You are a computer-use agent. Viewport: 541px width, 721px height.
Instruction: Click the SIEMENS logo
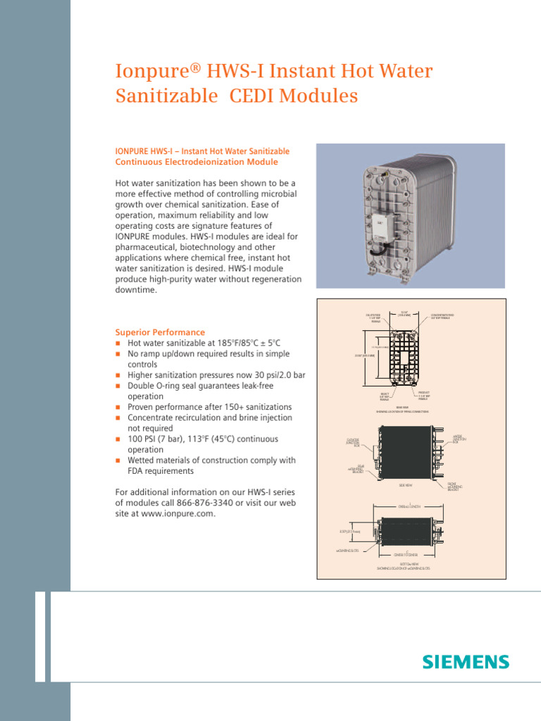465,662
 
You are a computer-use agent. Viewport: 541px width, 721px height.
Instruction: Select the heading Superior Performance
160,332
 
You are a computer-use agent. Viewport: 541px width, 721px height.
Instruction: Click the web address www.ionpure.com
178,513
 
